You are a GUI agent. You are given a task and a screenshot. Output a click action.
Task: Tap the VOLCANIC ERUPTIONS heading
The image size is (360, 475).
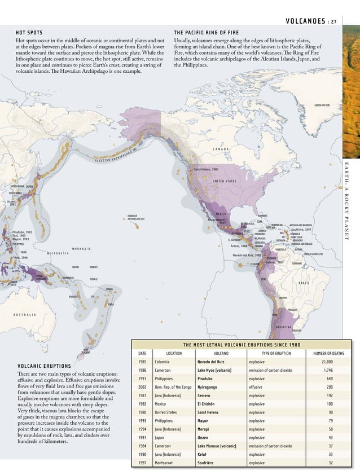(44, 366)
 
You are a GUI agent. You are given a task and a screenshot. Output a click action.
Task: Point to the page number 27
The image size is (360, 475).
(334, 22)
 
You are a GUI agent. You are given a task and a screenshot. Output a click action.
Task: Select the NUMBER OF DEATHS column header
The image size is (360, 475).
(328, 354)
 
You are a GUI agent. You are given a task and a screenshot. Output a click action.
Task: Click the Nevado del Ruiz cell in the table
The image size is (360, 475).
(212, 362)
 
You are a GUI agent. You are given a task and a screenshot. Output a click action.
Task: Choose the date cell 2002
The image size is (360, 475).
(143, 387)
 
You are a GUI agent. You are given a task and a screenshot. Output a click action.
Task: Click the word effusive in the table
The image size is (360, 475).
(257, 387)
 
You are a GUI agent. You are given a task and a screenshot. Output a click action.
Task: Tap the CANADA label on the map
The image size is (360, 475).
(220, 149)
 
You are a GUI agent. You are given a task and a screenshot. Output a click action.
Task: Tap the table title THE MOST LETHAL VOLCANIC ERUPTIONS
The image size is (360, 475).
(242, 345)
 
